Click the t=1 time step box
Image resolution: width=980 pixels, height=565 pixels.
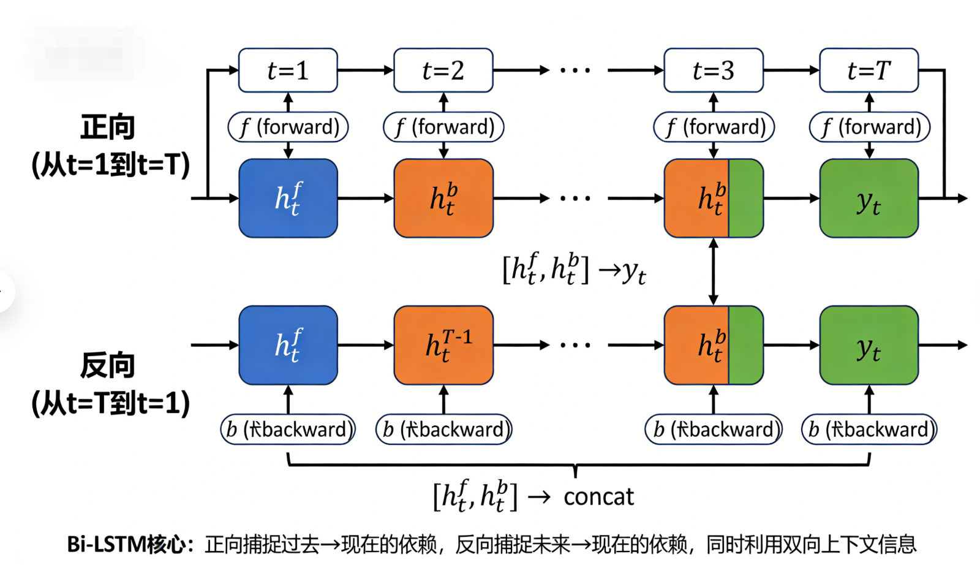(288, 70)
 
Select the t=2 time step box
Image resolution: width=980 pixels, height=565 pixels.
(443, 70)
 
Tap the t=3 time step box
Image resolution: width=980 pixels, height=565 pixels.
(713, 70)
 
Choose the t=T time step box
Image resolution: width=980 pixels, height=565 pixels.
(869, 70)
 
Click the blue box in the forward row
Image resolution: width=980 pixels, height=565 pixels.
(288, 198)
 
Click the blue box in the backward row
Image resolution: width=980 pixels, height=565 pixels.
(288, 345)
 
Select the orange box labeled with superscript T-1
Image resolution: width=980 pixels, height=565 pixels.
(443, 345)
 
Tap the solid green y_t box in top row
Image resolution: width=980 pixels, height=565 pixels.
(869, 198)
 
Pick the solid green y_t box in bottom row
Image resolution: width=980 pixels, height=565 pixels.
(869, 345)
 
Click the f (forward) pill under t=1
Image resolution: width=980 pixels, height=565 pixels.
(288, 127)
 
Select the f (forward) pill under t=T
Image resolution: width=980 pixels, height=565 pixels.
(869, 127)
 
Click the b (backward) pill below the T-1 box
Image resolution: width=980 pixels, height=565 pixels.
(443, 429)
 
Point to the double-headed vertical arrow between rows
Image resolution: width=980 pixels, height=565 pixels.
(713, 271)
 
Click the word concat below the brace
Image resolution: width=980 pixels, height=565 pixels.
(598, 496)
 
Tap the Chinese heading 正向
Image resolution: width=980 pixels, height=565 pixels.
(108, 127)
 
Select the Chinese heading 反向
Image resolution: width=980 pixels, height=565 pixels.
(108, 365)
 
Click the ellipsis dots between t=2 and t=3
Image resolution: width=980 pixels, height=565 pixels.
(575, 70)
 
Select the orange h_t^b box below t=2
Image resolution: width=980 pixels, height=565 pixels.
(443, 198)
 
